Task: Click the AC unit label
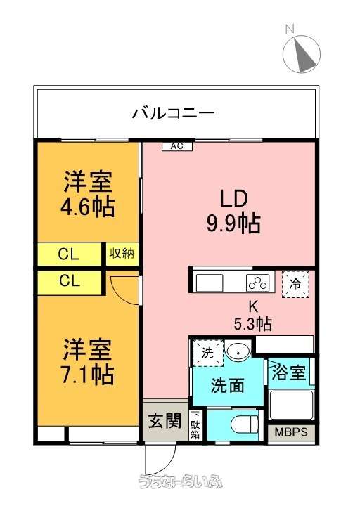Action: point(177,146)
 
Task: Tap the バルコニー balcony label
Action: point(174,113)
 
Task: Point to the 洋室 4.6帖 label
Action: point(88,194)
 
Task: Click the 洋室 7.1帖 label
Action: point(88,361)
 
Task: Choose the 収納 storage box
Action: point(122,254)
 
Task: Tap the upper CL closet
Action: point(69,254)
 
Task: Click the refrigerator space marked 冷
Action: point(296,284)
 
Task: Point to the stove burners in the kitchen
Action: point(258,283)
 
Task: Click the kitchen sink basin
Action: point(210,283)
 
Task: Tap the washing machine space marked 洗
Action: point(208,353)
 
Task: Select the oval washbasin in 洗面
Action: point(238,351)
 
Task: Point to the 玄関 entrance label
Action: point(165,420)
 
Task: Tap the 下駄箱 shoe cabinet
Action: point(195,425)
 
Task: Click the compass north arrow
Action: point(304,56)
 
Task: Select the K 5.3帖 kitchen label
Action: point(253,316)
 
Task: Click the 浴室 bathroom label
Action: point(289,372)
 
